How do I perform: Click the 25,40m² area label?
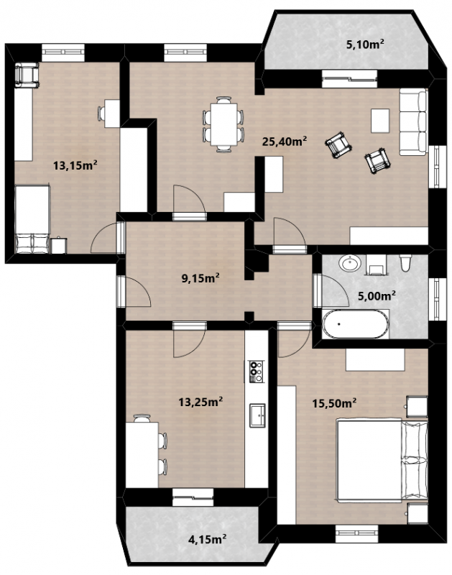click(x=284, y=141)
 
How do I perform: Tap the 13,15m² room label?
click(x=75, y=165)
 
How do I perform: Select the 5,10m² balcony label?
click(x=365, y=45)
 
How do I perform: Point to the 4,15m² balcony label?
click(x=207, y=540)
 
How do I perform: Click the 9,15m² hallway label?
click(x=200, y=278)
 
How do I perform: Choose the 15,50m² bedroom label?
click(x=334, y=403)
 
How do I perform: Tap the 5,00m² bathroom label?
click(x=377, y=295)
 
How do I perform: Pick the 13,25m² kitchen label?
click(x=200, y=402)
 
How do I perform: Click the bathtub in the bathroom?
click(x=355, y=324)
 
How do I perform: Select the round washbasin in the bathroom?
click(x=350, y=263)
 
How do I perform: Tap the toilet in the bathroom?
click(x=405, y=263)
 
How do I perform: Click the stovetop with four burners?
click(x=256, y=371)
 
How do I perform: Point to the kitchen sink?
click(x=257, y=415)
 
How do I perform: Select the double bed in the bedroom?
click(x=382, y=461)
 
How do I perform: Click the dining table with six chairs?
click(x=223, y=124)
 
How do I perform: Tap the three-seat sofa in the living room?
click(x=413, y=121)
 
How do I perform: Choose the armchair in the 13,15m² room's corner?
click(x=27, y=75)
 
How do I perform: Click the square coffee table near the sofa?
click(x=380, y=121)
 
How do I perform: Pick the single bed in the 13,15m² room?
click(x=32, y=219)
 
